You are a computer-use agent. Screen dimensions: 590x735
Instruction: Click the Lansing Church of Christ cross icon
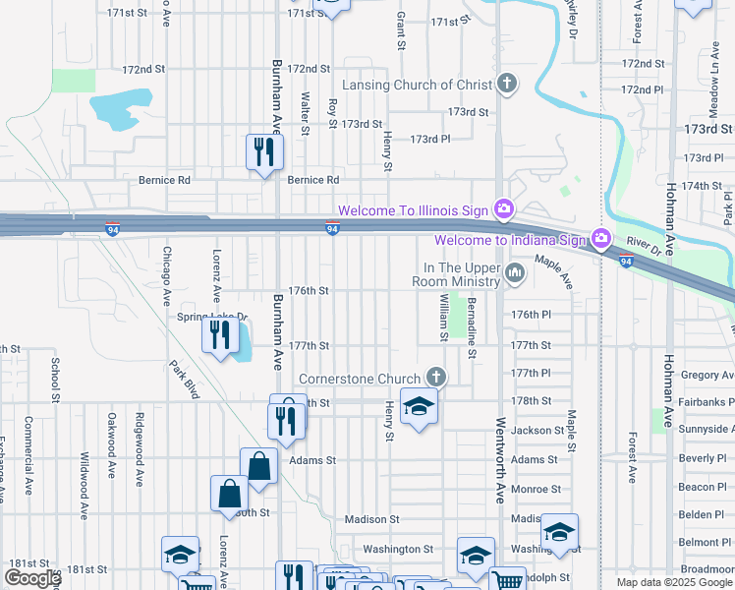[506, 85]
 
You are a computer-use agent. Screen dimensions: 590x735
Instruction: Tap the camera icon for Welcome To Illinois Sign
[503, 208]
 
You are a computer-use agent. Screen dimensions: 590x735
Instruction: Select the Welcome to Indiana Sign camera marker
[600, 239]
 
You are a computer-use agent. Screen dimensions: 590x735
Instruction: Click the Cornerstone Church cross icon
[435, 378]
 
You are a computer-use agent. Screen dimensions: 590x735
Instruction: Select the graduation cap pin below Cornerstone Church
[419, 407]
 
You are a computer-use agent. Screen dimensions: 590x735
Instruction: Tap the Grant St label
[401, 31]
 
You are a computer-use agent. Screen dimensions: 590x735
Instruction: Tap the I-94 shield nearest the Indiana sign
[626, 261]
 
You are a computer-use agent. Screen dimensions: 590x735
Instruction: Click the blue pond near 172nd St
[115, 110]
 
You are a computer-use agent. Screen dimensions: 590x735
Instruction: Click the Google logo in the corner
[31, 578]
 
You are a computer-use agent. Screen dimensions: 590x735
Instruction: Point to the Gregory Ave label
[706, 375]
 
